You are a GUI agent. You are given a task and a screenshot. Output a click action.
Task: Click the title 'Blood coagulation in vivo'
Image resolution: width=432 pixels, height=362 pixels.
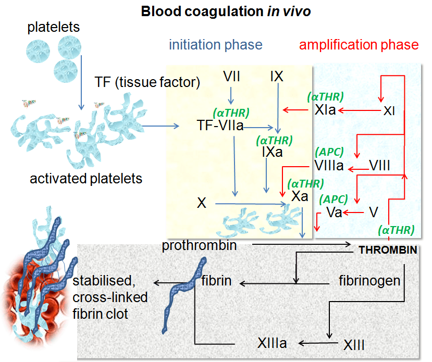[x=226, y=11]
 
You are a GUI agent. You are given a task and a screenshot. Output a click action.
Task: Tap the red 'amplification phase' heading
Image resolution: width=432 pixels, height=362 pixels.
[x=359, y=45]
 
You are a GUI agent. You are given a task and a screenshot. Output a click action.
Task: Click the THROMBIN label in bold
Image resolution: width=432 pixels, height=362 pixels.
[x=388, y=251]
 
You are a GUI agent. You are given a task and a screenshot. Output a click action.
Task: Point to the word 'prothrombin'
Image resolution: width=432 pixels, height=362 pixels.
[x=199, y=245]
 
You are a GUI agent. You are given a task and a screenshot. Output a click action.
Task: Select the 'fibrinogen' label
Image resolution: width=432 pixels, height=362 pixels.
[x=369, y=281]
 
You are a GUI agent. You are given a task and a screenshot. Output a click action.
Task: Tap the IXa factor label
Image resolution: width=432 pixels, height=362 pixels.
[x=273, y=153]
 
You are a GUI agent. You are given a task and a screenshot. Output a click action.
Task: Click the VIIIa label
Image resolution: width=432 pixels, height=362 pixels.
[x=329, y=167]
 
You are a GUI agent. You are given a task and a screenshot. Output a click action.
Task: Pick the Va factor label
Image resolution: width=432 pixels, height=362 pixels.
[x=334, y=213]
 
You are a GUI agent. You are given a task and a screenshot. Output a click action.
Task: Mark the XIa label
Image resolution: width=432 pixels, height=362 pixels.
[x=326, y=110]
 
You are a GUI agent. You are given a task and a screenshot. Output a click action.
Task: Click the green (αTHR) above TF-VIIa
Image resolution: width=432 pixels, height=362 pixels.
[x=231, y=113]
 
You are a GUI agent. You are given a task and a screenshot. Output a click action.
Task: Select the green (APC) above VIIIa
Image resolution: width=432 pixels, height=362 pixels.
[x=330, y=152]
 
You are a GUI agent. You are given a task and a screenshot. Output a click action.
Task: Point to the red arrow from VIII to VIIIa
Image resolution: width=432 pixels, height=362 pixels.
[x=358, y=169]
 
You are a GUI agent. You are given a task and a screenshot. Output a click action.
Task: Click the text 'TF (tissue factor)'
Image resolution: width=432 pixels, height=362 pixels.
[x=147, y=82]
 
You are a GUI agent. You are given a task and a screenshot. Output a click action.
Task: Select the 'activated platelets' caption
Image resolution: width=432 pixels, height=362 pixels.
[x=86, y=179]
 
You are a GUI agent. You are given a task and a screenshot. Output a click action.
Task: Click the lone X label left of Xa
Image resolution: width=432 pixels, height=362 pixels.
[x=202, y=203]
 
